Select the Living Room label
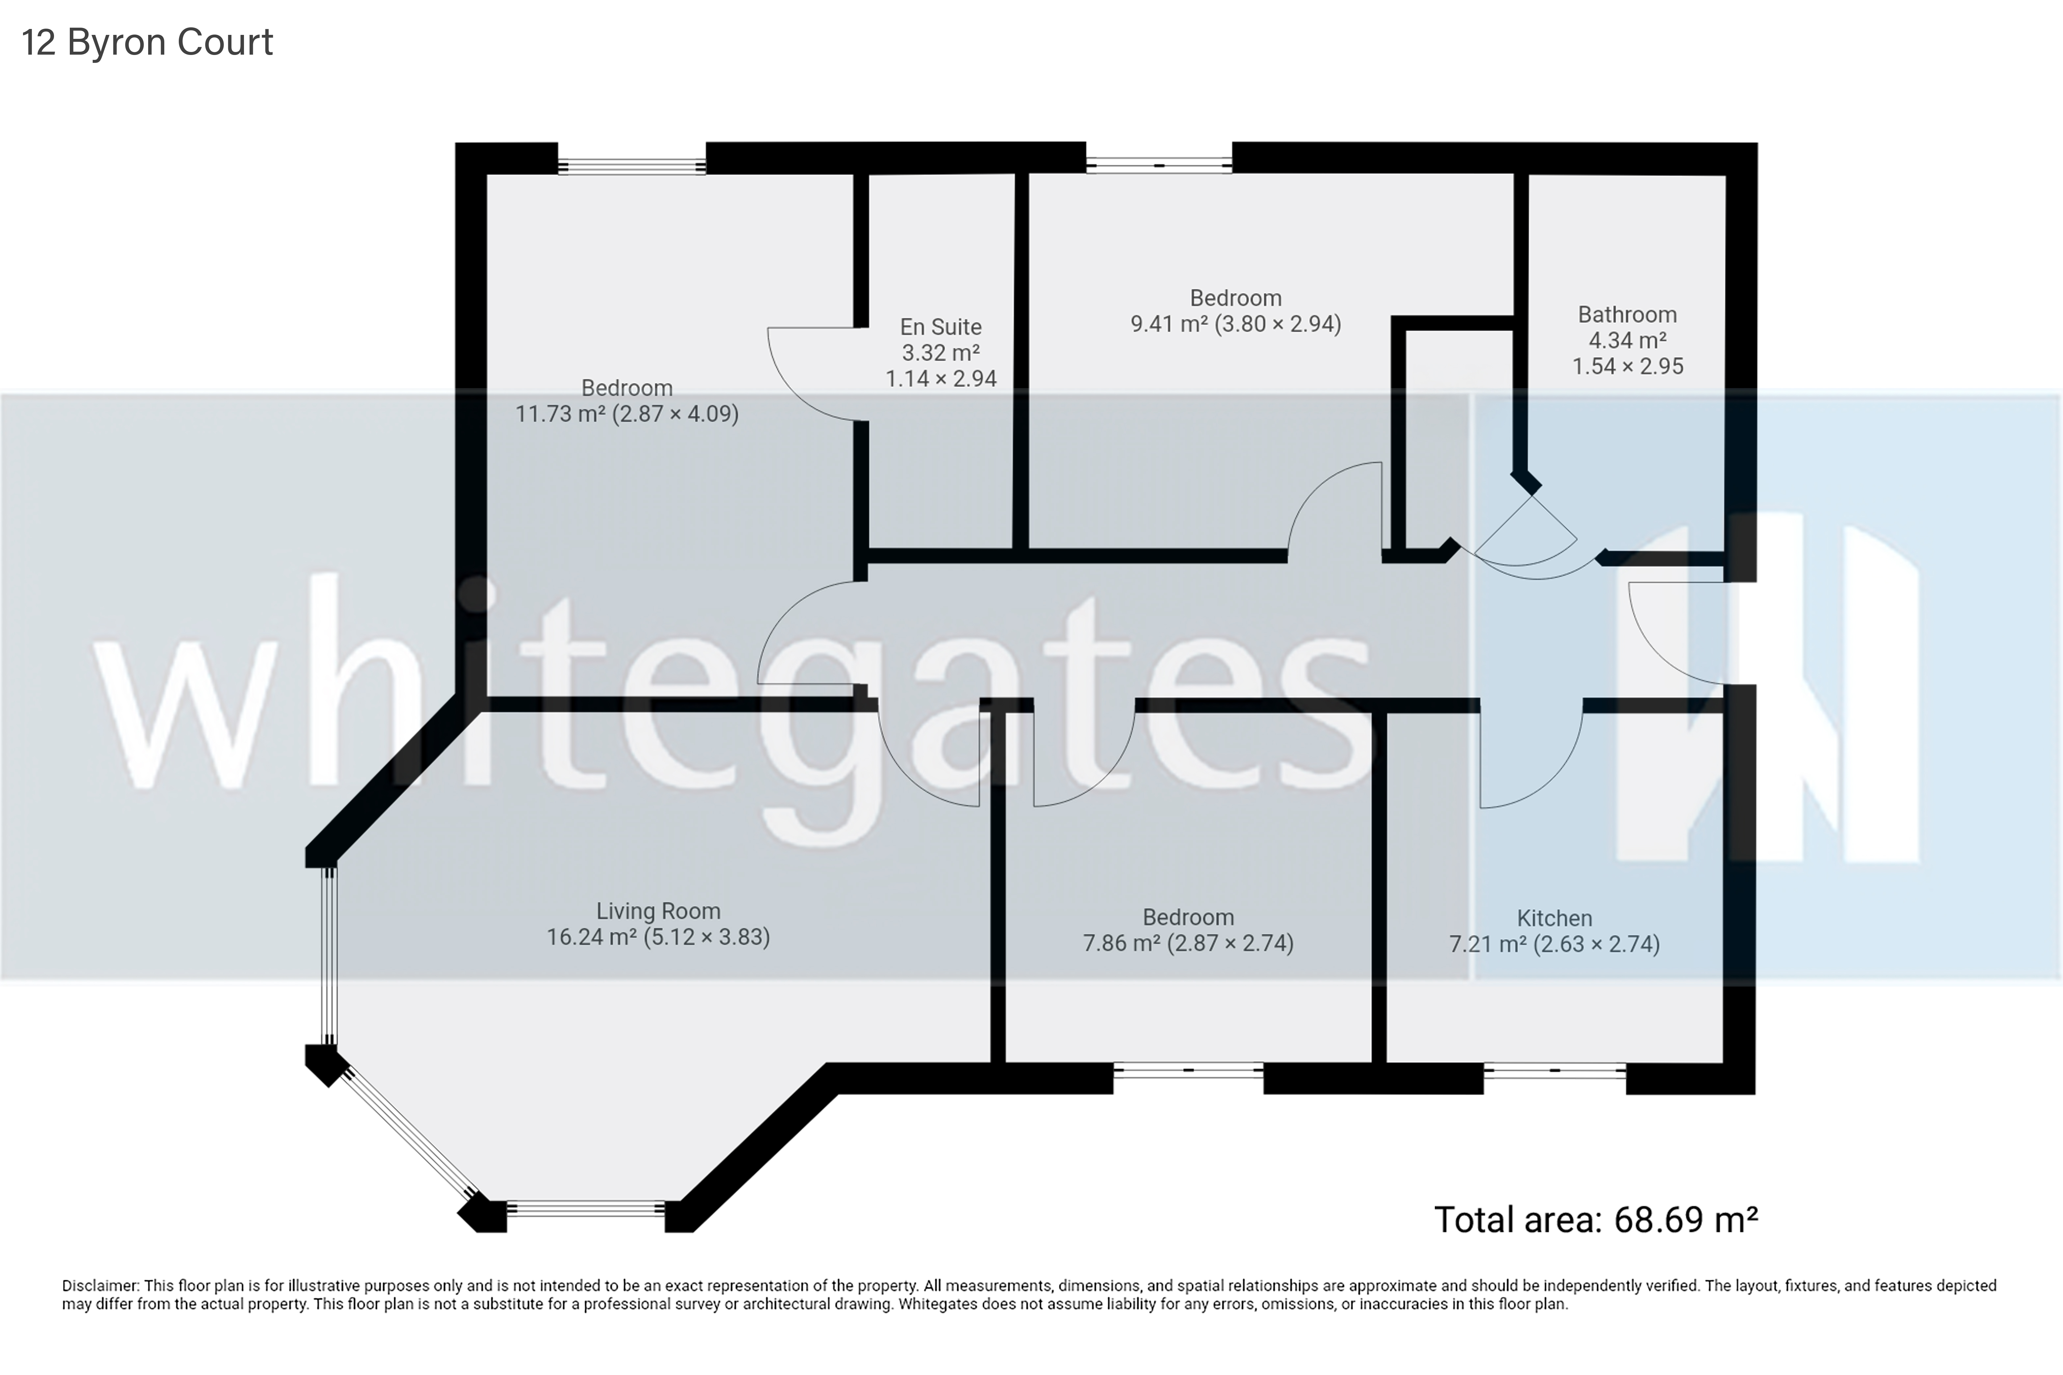pyautogui.click(x=658, y=911)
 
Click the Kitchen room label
pyautogui.click(x=1554, y=918)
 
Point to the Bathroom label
pyautogui.click(x=1627, y=315)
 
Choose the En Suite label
pyautogui.click(x=940, y=327)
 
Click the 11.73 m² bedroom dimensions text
pyautogui.click(x=626, y=414)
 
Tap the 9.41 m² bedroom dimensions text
pyautogui.click(x=1235, y=325)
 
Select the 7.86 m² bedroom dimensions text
pyautogui.click(x=1188, y=943)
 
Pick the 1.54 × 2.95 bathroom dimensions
pyautogui.click(x=1627, y=367)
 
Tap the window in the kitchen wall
pyautogui.click(x=1554, y=1071)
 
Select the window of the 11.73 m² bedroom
pyautogui.click(x=631, y=166)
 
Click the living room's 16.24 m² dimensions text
pyautogui.click(x=658, y=938)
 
